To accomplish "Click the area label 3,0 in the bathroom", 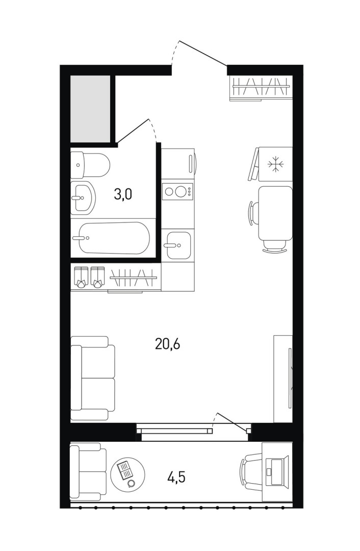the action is pos(123,194).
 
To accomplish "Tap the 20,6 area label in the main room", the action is pos(168,344).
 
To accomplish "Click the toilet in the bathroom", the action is pos(90,165).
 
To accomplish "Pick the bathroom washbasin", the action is pos(83,198).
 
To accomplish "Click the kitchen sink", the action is pos(178,245).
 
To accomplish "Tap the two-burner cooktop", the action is pos(178,191).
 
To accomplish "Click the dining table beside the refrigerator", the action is pos(275,213).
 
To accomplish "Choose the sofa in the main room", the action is pos(93,378).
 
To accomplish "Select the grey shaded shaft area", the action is pos(91,109).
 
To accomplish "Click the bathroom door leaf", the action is pos(133,131).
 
